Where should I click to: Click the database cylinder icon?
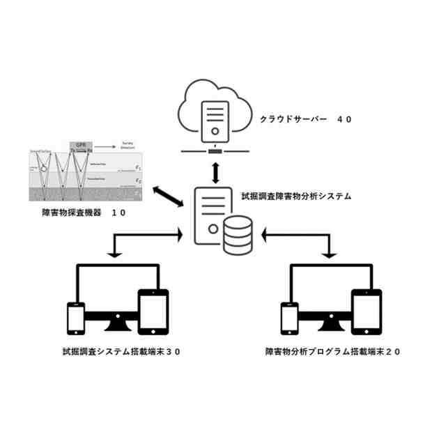238,237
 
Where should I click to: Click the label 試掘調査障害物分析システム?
296,197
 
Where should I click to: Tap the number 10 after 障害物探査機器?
118,213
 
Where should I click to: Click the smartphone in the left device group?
75,320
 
